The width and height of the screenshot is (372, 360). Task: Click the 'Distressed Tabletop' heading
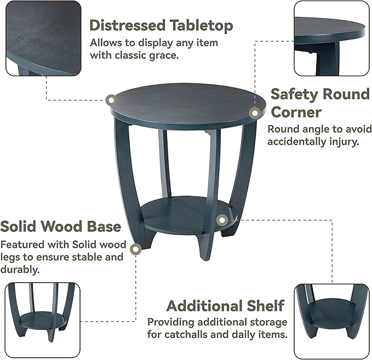tap(161, 26)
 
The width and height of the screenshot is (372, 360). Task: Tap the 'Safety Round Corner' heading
tap(320, 103)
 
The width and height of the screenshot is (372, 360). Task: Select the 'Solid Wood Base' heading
tap(60, 226)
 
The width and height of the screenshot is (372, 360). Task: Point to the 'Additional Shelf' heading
tap(225, 305)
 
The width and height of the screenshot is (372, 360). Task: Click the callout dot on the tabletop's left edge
tap(111, 100)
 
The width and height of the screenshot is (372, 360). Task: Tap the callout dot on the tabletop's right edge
tap(254, 113)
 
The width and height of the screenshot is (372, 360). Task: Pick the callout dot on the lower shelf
tap(221, 220)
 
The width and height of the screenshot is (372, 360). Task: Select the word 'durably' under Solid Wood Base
tap(20, 269)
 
